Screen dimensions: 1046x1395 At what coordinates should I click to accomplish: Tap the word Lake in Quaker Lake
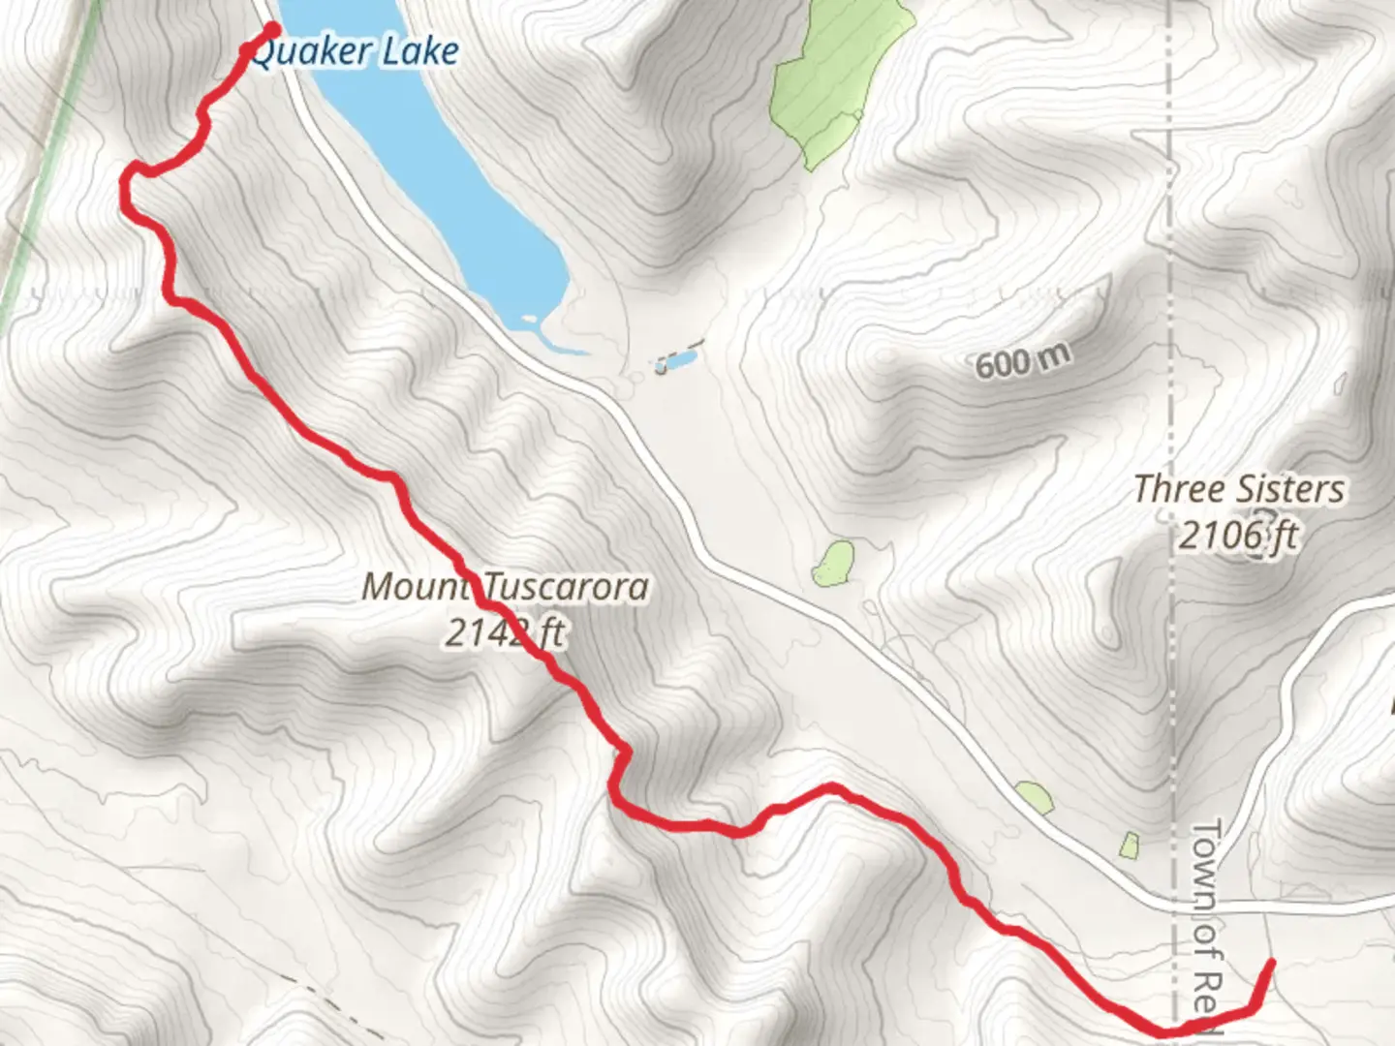pyautogui.click(x=419, y=51)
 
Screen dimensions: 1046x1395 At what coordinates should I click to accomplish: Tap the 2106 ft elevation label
pyautogui.click(x=1237, y=535)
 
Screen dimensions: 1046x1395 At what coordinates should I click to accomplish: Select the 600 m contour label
pyautogui.click(x=1023, y=362)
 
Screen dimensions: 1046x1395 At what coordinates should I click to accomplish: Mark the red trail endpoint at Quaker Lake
pyautogui.click(x=272, y=29)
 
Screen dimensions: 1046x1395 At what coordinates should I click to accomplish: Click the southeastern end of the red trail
pyautogui.click(x=1269, y=963)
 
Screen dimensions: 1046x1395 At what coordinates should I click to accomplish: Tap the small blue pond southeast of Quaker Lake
pyautogui.click(x=676, y=362)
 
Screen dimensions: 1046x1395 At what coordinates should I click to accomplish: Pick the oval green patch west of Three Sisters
pyautogui.click(x=834, y=564)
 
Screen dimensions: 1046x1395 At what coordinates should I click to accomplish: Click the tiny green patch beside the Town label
pyautogui.click(x=1130, y=845)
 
